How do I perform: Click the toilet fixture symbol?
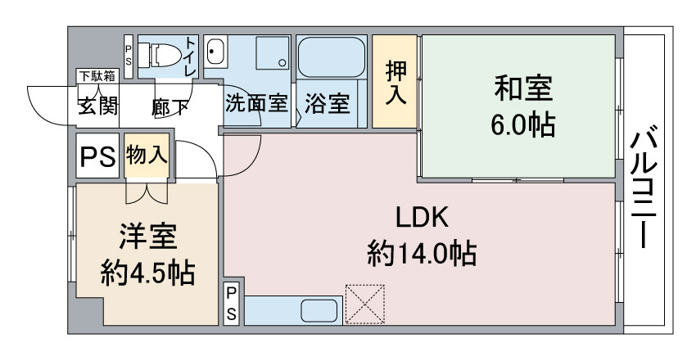coord(160,55)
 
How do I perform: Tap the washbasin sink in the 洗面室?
coord(216,52)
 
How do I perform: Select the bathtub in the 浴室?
coord(331,57)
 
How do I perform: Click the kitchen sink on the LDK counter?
coord(319,311)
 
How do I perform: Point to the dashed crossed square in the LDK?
coord(365,305)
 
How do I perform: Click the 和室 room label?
coord(523,88)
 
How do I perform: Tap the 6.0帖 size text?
coord(523,124)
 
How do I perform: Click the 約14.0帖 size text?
coord(422,253)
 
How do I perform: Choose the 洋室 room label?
coord(148,237)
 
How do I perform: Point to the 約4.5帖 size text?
coord(148,273)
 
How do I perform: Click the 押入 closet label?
coord(395,83)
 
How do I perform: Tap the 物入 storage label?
coord(147,156)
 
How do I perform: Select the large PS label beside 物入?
coord(97,156)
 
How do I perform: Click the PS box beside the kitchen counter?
coord(231,304)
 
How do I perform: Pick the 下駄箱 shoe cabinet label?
coord(97,76)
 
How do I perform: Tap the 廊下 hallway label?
coord(169,107)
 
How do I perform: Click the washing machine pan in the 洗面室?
coord(272,52)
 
